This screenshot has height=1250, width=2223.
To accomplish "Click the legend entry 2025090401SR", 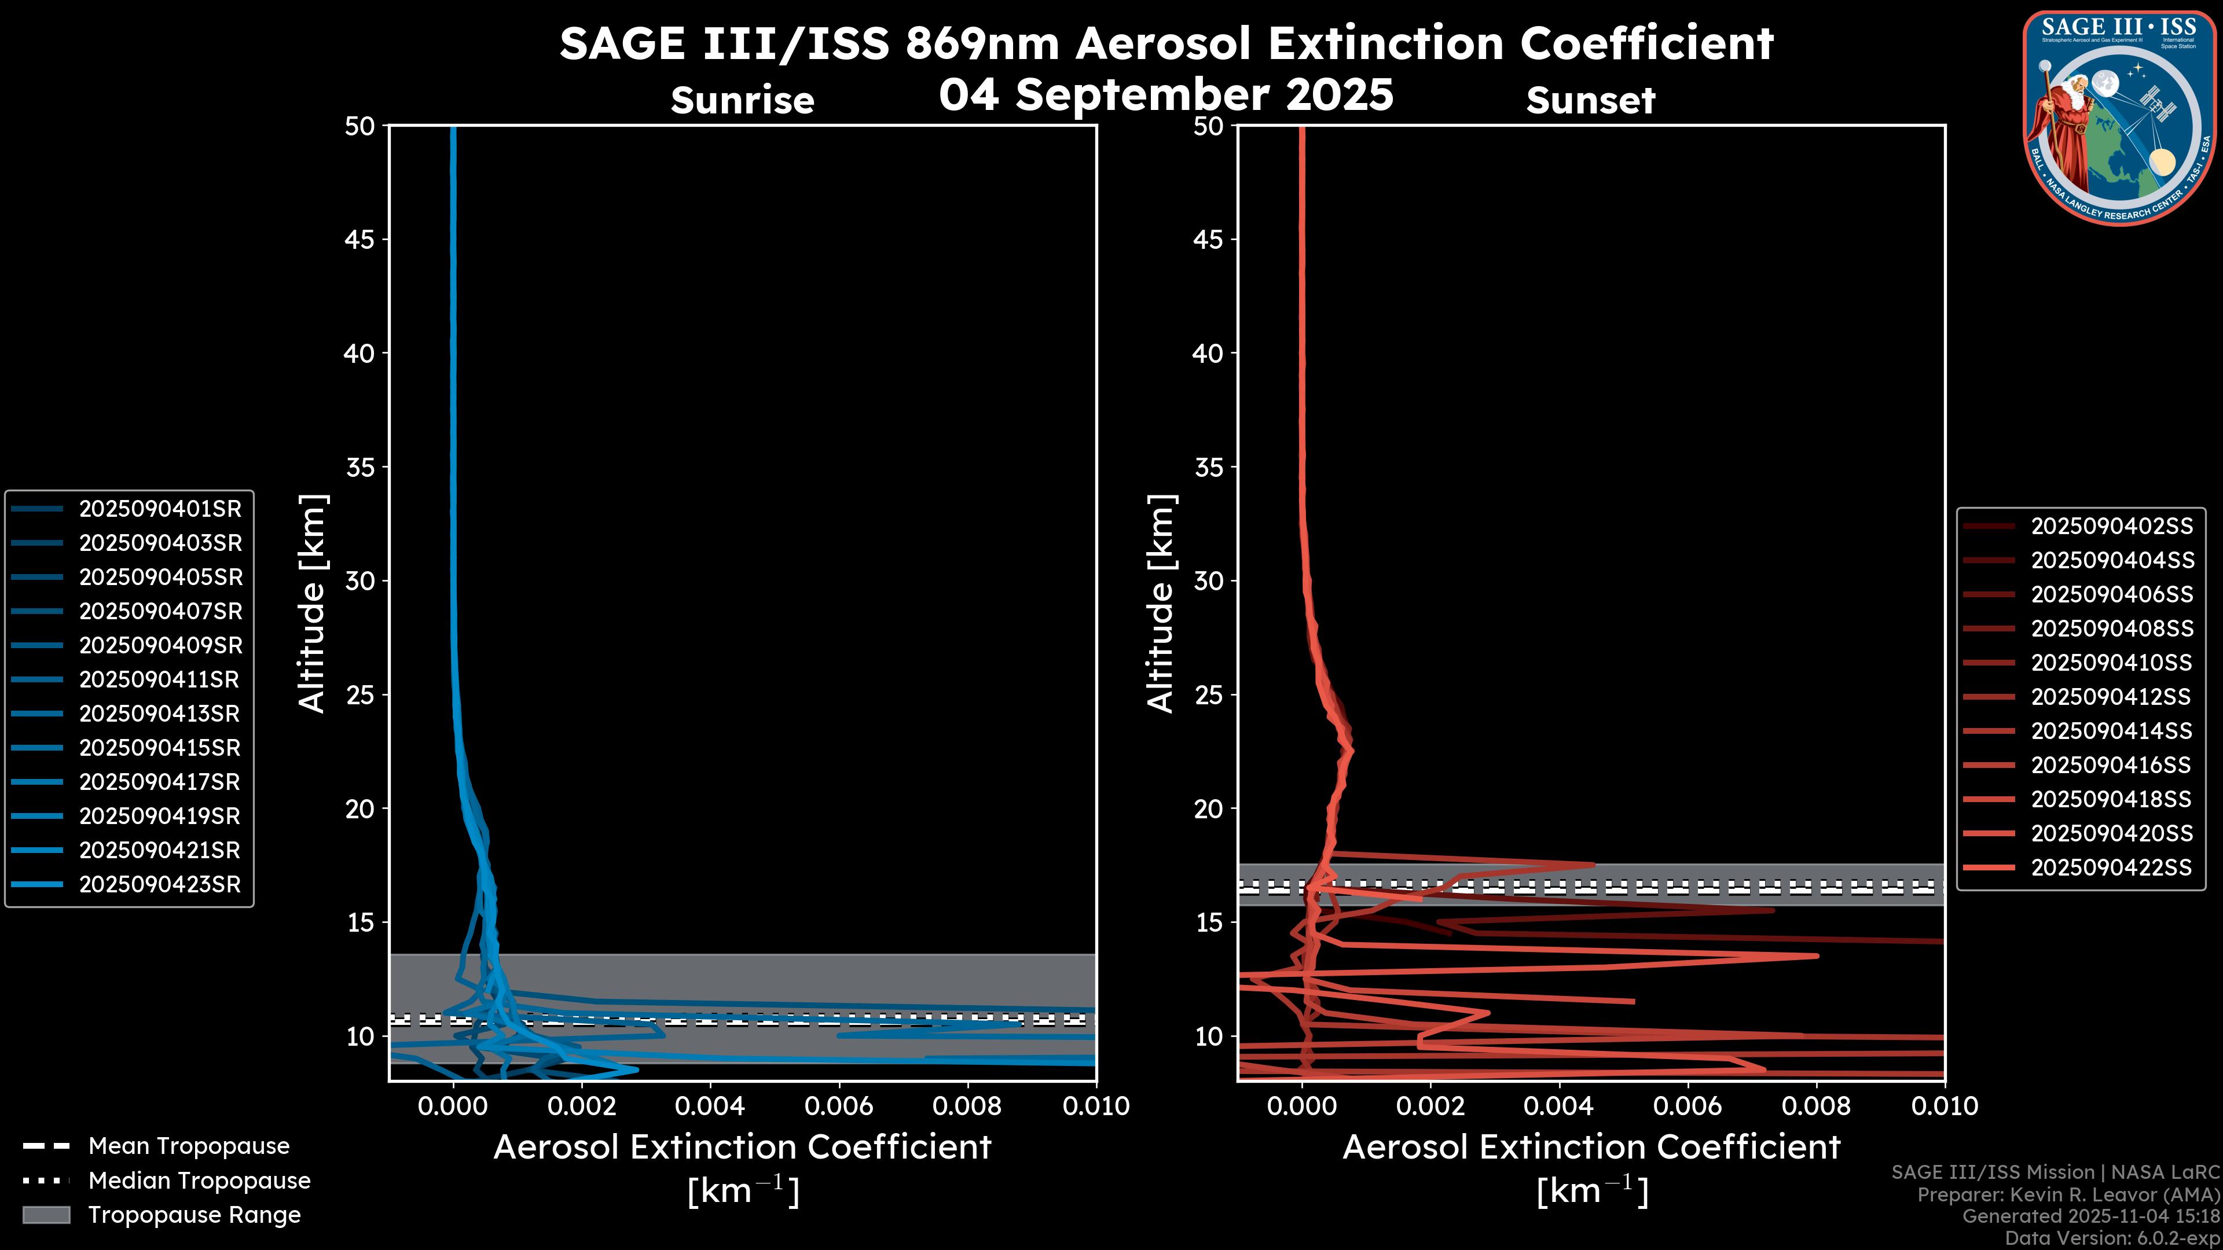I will point(160,509).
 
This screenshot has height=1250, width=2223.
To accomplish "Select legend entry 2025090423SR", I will point(160,885).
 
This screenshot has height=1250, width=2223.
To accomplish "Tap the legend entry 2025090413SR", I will point(160,714).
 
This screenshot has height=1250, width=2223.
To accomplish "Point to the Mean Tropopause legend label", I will point(188,1146).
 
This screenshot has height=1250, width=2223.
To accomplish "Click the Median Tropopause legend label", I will point(199,1181).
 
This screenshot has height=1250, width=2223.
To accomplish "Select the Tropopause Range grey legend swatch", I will point(46,1215).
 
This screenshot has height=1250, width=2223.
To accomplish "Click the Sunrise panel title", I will point(742,101).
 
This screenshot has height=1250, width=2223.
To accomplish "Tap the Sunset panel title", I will point(1590,101).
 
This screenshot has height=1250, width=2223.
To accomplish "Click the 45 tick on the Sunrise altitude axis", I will point(360,240).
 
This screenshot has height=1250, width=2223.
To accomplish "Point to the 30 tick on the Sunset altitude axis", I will point(1208,582).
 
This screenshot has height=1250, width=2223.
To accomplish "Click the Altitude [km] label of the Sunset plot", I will point(1161,604).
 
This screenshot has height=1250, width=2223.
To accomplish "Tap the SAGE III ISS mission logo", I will point(2119,116).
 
